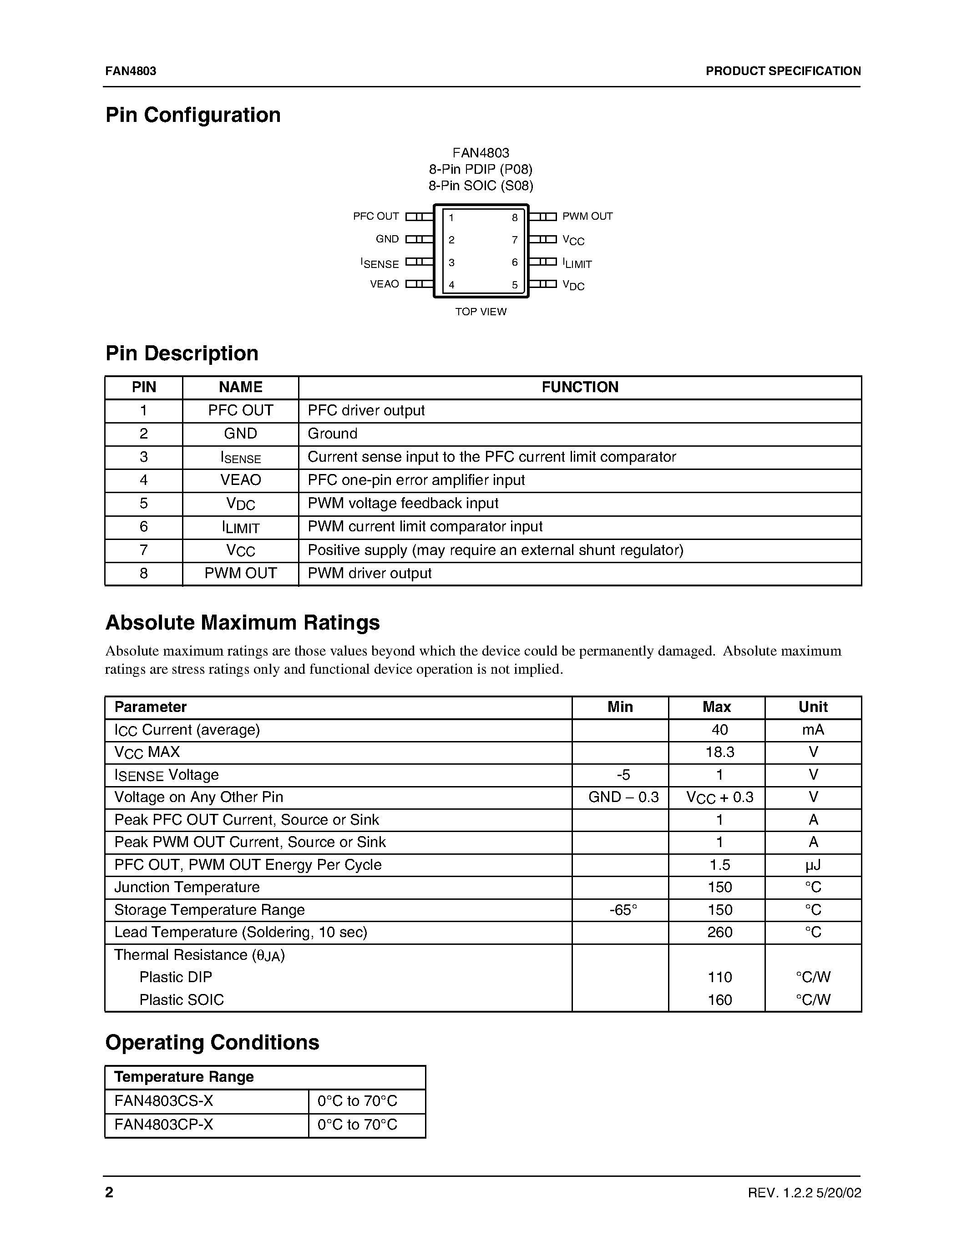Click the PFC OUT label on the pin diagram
click(376, 217)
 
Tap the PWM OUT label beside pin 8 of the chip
click(587, 217)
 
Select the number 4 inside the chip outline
click(451, 285)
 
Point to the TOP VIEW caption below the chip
click(481, 312)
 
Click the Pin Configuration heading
click(193, 115)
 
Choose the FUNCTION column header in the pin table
click(580, 387)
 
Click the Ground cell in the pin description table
click(333, 434)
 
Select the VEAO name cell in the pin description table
click(241, 480)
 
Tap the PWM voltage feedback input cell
click(403, 503)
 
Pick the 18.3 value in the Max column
click(719, 752)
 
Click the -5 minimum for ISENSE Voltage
click(623, 775)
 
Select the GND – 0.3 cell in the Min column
click(623, 797)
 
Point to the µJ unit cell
click(813, 865)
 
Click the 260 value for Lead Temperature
click(719, 933)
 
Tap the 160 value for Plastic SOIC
click(719, 1000)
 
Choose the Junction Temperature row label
click(187, 887)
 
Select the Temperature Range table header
click(184, 1077)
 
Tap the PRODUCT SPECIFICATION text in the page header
click(783, 71)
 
